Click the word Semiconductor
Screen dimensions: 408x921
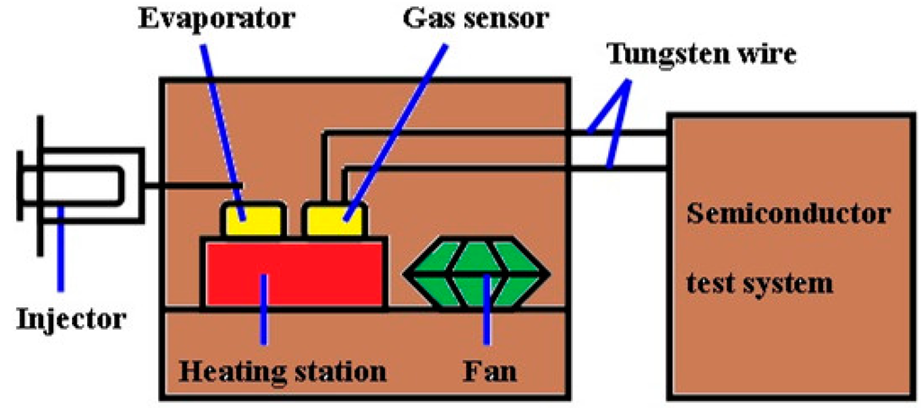click(x=789, y=215)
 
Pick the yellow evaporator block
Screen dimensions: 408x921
click(x=253, y=219)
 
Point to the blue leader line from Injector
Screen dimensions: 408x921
click(x=59, y=252)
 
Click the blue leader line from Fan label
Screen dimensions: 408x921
click(x=487, y=315)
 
